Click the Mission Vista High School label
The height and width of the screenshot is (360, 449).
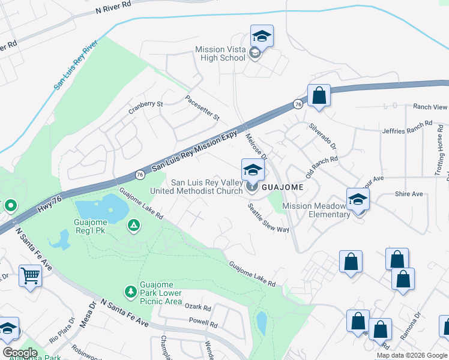[220, 54]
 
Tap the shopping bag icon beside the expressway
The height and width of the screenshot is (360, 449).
[319, 96]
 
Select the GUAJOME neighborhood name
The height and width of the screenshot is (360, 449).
[282, 187]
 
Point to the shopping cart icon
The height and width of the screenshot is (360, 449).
[29, 277]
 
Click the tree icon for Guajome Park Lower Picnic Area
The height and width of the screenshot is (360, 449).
[130, 292]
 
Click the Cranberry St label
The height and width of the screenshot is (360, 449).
[145, 107]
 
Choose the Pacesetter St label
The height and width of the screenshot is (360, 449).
[202, 107]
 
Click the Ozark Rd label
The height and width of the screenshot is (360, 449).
[198, 308]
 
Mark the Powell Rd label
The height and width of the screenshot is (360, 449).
[203, 323]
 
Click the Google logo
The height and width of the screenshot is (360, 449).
[20, 353]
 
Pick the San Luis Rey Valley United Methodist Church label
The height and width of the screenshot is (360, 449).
[206, 187]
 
